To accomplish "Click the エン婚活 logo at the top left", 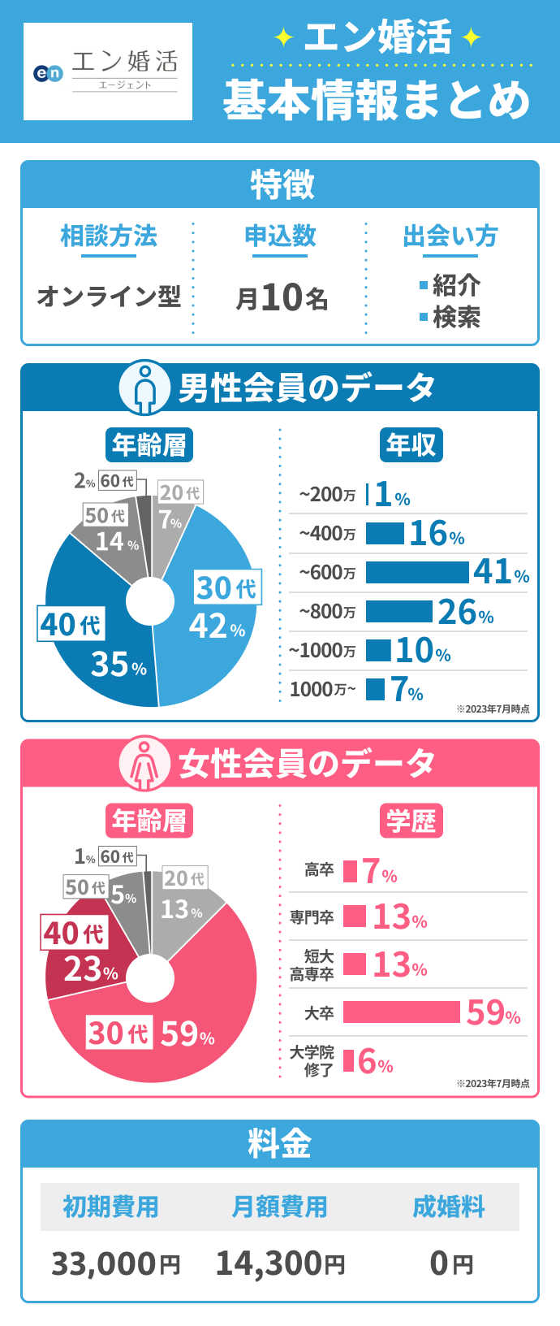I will pos(108,71).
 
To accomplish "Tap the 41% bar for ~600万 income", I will pos(417,572).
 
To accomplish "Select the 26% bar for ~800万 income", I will pos(398,611).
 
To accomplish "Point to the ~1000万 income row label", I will pos(322,651).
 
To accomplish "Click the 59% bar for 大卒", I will pos(401,1012).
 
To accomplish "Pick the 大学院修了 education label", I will pos(312,1061).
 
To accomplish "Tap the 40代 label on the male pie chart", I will pos(71,624).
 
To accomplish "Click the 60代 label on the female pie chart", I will pos(118,856).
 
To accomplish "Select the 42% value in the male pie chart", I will pos(217,626).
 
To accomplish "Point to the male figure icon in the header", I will pos(144,388).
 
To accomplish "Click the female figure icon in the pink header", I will pos(144,764).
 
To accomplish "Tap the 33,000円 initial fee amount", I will pos(115,1264).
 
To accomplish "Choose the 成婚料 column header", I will pos(448,1207).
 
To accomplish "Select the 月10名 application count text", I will pos(282,297).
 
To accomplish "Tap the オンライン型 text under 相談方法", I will pos(109,296).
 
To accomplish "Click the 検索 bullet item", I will pos(455,317).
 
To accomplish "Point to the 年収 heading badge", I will pos(411,444).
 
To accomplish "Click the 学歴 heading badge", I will pos(411,821).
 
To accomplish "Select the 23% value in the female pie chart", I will pos(91,969).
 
